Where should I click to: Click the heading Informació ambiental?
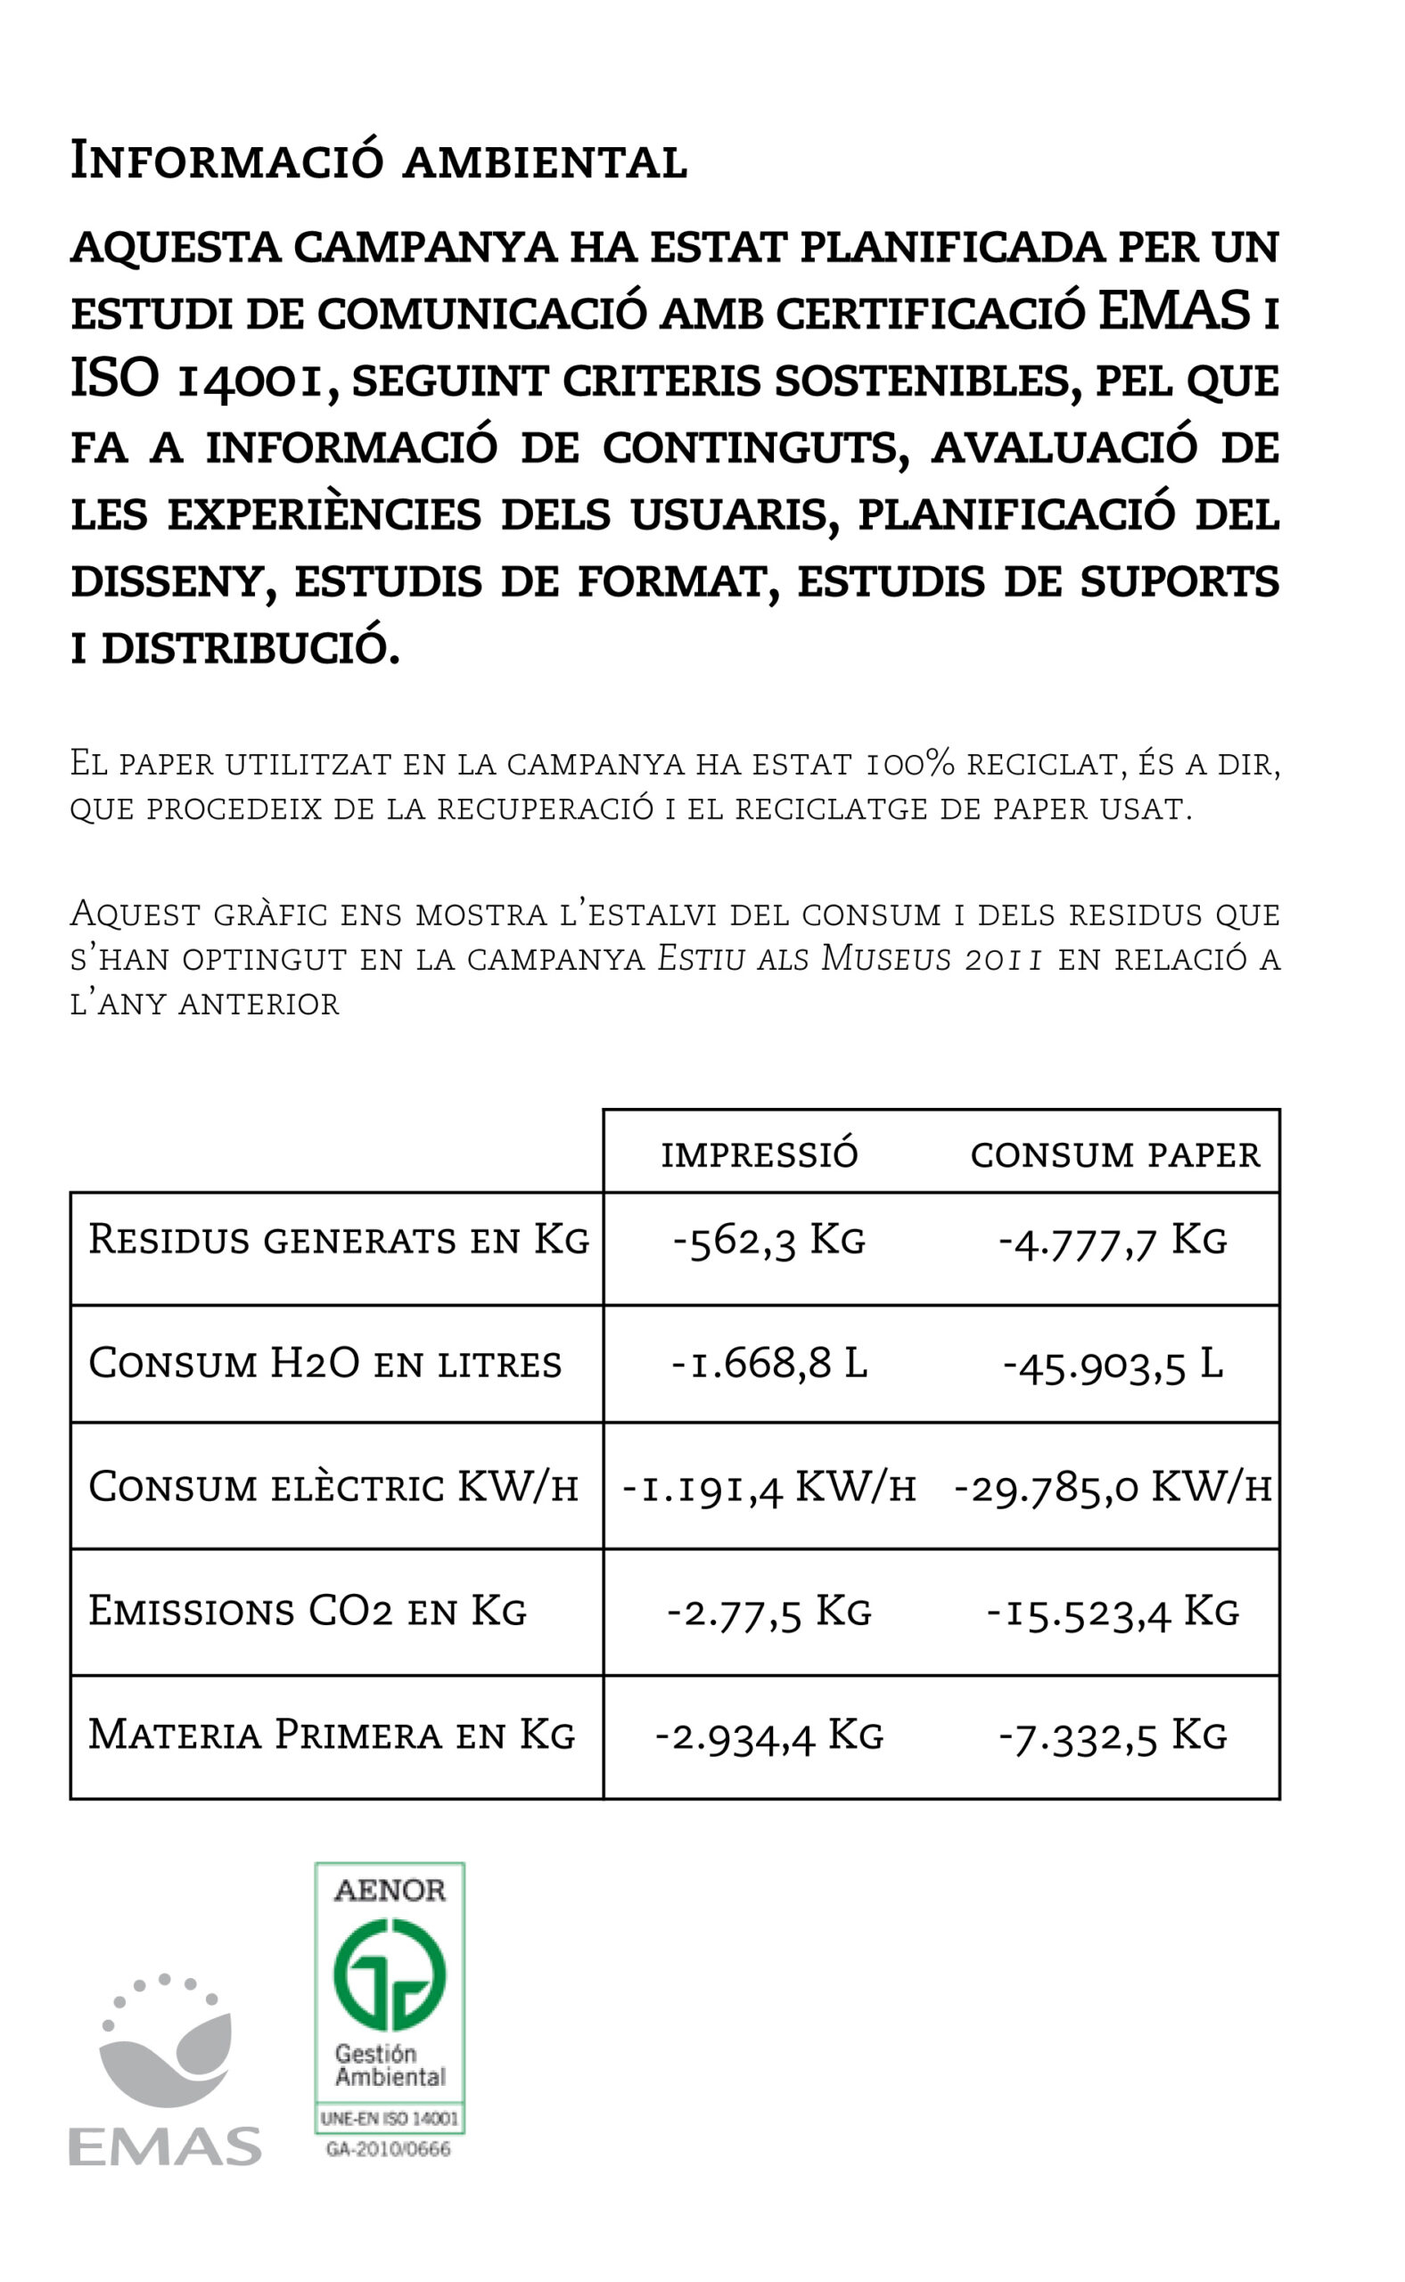(378, 160)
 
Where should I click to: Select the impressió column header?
(760, 1155)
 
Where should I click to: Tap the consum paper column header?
(1115, 1155)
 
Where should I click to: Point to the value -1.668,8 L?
(768, 1364)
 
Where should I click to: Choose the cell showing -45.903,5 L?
(1113, 1364)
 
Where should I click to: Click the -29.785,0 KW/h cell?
(1113, 1488)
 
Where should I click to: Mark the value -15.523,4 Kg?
(1113, 1611)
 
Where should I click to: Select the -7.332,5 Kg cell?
(1113, 1736)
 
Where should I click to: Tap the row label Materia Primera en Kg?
(332, 1736)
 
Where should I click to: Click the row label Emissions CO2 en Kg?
(308, 1611)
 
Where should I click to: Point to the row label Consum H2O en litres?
(325, 1364)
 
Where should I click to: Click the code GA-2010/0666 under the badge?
(389, 2149)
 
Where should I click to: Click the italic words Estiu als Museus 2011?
(850, 958)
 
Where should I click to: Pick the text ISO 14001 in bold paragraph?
(196, 379)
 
